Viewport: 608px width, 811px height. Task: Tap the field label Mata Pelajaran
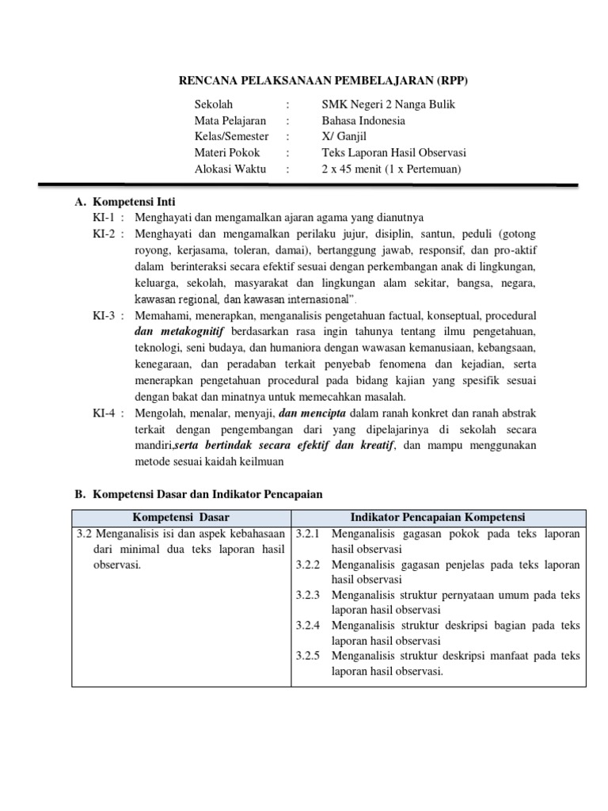pos(230,121)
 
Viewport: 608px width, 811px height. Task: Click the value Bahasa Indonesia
pos(363,121)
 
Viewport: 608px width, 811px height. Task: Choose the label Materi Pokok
pos(226,153)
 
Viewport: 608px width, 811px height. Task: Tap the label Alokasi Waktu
pos(230,169)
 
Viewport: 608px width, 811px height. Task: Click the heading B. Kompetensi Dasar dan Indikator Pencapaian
pos(199,494)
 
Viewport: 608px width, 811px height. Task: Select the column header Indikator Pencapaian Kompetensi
pos(439,517)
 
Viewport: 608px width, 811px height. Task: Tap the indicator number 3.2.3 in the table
pos(307,595)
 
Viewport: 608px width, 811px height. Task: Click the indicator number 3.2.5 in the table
pos(307,656)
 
